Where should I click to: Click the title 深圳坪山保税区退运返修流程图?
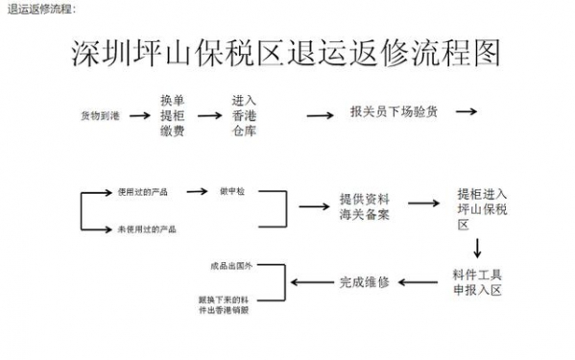(287, 52)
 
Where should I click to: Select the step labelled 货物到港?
(101, 116)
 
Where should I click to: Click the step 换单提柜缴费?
(172, 116)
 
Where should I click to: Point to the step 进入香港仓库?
(244, 116)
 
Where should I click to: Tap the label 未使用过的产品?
(146, 228)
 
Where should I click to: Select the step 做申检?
(232, 191)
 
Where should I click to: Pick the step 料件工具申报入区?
(477, 281)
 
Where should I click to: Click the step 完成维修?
(365, 282)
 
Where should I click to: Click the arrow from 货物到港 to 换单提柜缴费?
(138, 114)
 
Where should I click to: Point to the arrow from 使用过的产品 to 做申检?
(198, 191)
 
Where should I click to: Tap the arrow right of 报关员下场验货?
(466, 111)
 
